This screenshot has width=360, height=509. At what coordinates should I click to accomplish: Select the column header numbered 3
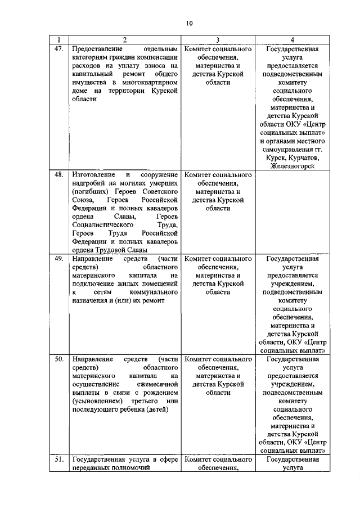(218, 39)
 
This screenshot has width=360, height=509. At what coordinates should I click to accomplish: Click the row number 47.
(58, 49)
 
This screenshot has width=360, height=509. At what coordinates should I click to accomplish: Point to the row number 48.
(58, 175)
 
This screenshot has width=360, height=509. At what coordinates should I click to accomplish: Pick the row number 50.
(58, 358)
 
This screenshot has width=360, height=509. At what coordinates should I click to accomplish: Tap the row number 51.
(58, 460)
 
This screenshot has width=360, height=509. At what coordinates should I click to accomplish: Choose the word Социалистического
(102, 225)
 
